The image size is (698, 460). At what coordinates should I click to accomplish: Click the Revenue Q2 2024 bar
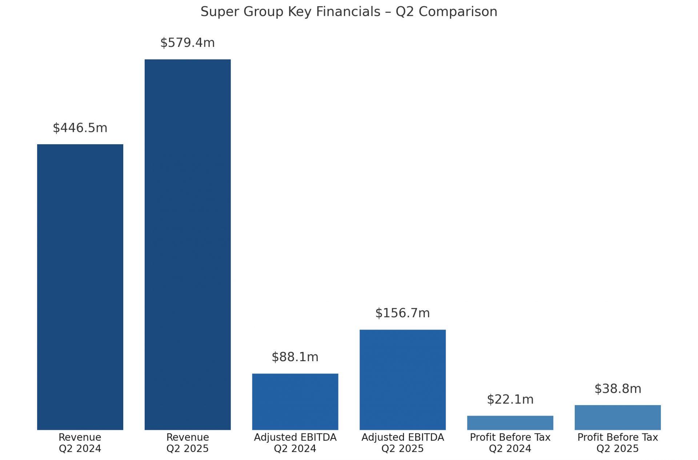coord(80,287)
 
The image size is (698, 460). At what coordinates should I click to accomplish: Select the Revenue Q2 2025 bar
coord(188,245)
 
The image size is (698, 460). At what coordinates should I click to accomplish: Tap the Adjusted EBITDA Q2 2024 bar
coord(295,402)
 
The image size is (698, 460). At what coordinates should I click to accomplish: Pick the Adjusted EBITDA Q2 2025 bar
coord(402,380)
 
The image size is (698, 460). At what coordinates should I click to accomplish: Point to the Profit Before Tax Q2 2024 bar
coord(510,423)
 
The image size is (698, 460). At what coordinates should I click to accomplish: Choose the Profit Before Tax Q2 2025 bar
coord(618,417)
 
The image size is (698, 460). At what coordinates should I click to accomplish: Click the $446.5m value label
coord(80,128)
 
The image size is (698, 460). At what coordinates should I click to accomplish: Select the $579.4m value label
coord(188,43)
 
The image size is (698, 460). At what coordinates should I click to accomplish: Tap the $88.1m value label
coord(295,357)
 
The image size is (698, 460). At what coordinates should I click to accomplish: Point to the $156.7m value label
coord(402,313)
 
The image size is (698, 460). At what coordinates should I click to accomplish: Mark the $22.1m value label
coord(510,400)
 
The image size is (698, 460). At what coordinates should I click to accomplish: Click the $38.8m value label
coord(618,389)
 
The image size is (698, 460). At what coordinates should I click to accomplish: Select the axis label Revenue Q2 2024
coord(80,443)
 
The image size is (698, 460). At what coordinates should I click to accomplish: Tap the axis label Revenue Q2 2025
coord(188,443)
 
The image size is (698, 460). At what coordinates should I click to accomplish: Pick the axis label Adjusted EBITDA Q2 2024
coord(295,443)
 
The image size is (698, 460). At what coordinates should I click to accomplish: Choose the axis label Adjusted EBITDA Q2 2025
coord(402,443)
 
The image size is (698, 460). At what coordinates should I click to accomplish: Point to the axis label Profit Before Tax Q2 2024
coord(510,443)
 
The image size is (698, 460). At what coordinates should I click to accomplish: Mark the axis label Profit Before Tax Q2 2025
coord(618,443)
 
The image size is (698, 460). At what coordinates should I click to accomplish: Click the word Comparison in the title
coord(458,12)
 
